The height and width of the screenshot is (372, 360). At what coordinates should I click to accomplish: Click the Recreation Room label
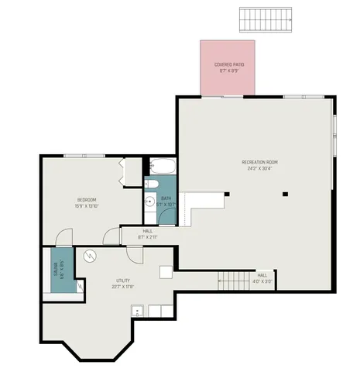click(x=259, y=162)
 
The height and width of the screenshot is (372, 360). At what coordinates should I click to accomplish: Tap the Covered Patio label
click(x=228, y=65)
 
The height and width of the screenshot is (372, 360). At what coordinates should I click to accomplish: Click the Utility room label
click(x=124, y=280)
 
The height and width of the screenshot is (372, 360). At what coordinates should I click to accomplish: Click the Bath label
click(x=166, y=198)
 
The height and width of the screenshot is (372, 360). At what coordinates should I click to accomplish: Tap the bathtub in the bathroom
click(x=163, y=166)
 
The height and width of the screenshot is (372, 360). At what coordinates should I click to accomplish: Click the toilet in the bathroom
click(x=153, y=183)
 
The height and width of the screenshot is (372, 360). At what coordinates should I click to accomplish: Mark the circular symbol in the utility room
click(x=89, y=256)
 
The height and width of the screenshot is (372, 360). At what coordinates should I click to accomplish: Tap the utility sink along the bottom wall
click(x=138, y=311)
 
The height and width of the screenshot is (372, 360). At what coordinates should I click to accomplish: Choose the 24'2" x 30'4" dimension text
click(x=259, y=168)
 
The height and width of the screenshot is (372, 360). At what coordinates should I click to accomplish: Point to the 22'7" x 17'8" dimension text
click(x=124, y=286)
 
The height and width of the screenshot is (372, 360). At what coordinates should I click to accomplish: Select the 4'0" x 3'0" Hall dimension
click(x=262, y=281)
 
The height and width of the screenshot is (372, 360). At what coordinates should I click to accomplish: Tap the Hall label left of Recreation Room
click(x=147, y=231)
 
